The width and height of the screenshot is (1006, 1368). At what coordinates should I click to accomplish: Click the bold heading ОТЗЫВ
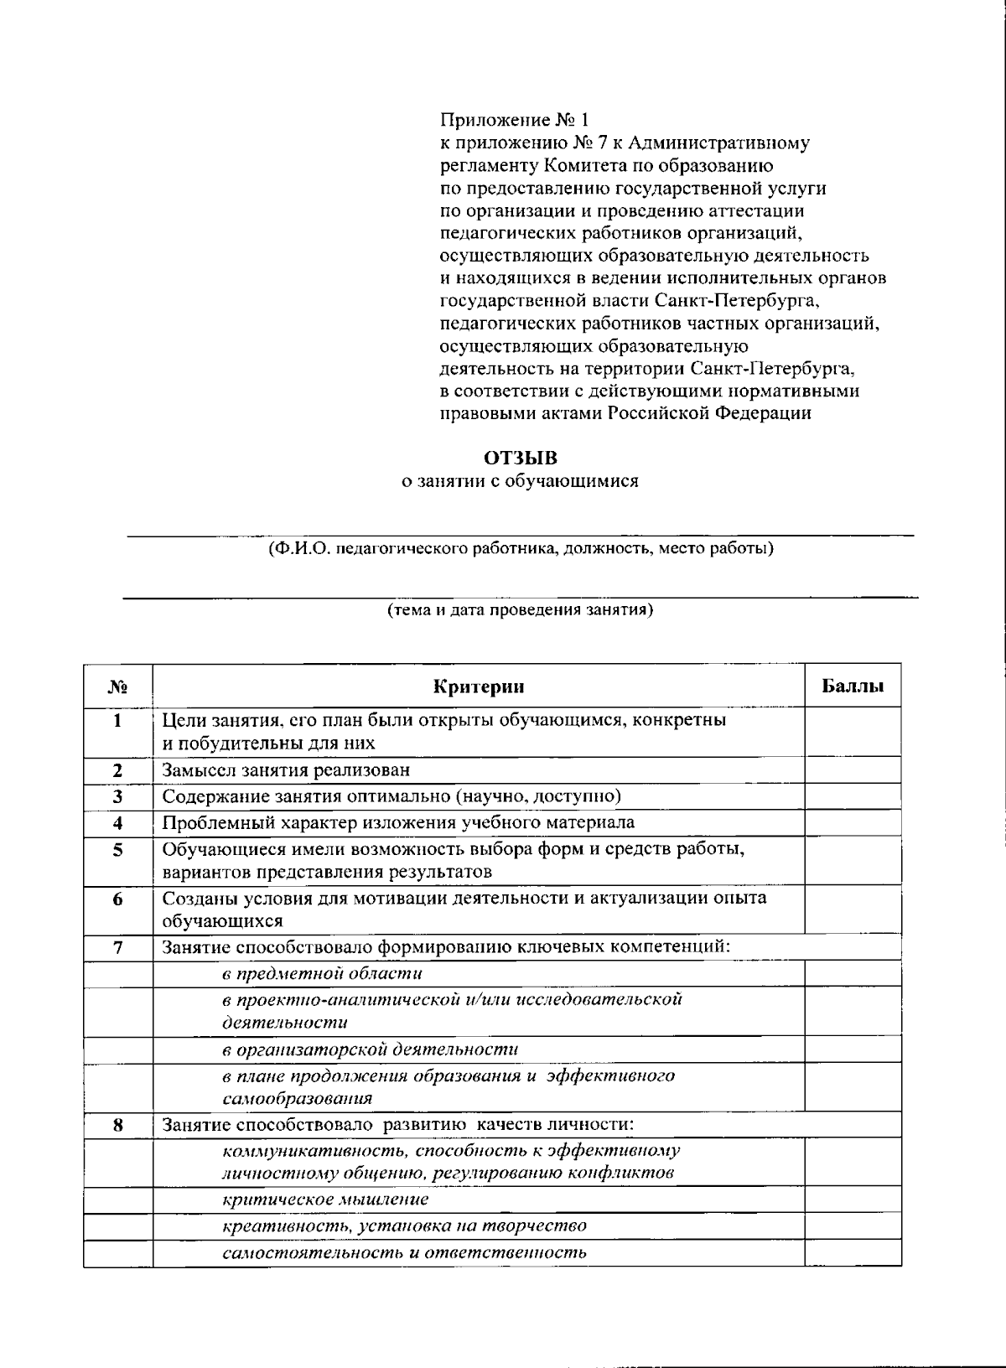coord(520,458)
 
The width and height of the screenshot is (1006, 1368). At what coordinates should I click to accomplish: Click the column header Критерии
coord(479,687)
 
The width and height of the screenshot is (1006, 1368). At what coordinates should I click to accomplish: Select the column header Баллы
coord(853,687)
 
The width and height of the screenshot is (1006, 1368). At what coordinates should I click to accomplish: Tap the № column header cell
coord(117,687)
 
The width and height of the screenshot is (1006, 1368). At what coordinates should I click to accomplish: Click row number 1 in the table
coord(117,720)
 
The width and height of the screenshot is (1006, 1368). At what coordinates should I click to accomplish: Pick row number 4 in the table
coord(117,822)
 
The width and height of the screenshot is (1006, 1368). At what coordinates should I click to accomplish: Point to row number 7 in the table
coord(117,947)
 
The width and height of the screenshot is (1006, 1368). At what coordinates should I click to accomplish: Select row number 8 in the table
coord(117,1125)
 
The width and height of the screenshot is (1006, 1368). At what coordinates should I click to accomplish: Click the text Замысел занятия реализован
coord(286,769)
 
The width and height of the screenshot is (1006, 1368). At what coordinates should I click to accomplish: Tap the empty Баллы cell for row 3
coord(853,795)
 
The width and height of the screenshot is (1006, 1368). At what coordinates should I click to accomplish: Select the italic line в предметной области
coord(322,973)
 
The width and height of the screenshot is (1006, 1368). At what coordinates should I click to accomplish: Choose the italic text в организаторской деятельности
coord(370,1049)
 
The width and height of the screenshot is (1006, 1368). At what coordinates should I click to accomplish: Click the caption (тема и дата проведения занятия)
coord(520,609)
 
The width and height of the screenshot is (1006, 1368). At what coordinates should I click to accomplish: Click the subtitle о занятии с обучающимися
coord(518,481)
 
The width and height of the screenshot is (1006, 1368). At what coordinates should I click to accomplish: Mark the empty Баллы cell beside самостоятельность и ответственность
coord(853,1253)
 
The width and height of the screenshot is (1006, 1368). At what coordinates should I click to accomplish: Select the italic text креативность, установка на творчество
coord(404,1226)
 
